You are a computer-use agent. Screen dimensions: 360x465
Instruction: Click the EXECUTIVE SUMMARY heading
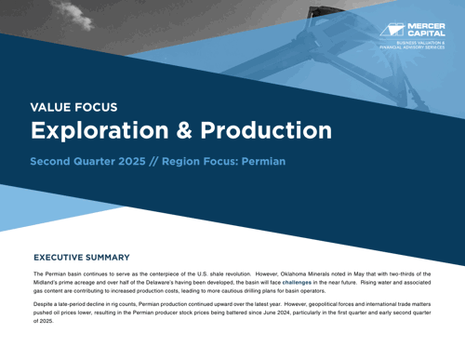(81, 257)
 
